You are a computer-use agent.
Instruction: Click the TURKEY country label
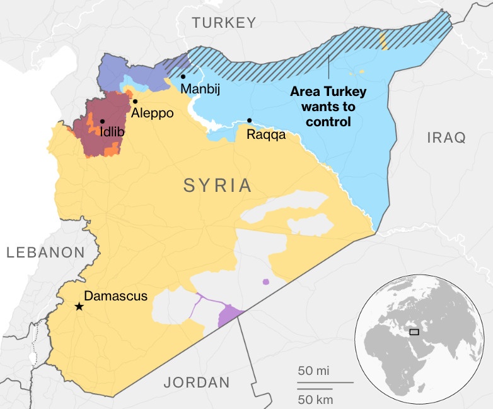pyautogui.click(x=224, y=23)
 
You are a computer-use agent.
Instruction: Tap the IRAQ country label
pyautogui.click(x=446, y=137)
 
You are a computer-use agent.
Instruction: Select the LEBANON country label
pyautogui.click(x=45, y=252)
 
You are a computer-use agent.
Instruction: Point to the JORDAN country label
pyautogui.click(x=197, y=382)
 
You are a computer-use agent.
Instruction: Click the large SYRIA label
pyautogui.click(x=217, y=186)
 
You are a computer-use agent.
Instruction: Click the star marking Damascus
pyautogui.click(x=79, y=307)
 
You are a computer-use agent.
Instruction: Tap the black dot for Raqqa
pyautogui.click(x=250, y=120)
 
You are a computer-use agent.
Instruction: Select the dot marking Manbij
pyautogui.click(x=183, y=77)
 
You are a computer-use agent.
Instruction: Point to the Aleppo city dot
pyautogui.click(x=134, y=101)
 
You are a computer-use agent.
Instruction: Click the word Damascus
pyautogui.click(x=115, y=295)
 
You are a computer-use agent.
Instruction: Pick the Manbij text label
pyautogui.click(x=200, y=90)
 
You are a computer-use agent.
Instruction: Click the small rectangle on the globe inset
pyautogui.click(x=414, y=332)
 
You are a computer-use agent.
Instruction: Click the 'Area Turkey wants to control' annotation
pyautogui.click(x=328, y=106)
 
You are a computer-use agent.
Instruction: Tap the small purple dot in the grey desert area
pyautogui.click(x=265, y=282)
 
